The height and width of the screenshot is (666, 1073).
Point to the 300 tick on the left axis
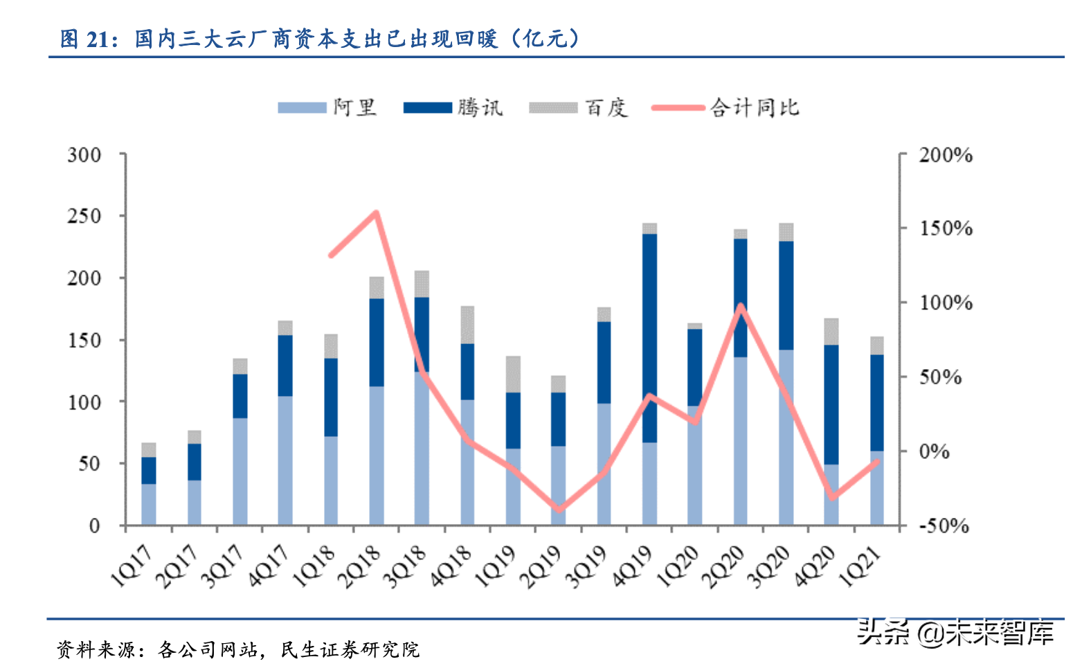[x=84, y=154]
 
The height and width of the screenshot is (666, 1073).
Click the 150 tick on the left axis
[x=84, y=340]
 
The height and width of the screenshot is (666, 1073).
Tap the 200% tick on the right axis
[x=946, y=155]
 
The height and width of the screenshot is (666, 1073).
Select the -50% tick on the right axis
[x=943, y=525]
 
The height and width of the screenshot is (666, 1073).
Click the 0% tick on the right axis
[x=934, y=451]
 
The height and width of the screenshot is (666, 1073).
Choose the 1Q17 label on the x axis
[x=132, y=566]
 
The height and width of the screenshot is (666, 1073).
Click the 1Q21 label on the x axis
[x=860, y=566]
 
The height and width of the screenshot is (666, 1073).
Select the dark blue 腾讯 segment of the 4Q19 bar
[x=649, y=338]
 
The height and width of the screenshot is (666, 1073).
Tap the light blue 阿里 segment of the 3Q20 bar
[x=786, y=436]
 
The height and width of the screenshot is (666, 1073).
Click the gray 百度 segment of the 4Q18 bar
[x=467, y=324]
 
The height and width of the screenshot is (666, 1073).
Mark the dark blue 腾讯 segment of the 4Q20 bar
[x=831, y=404]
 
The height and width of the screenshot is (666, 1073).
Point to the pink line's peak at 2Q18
[x=376, y=213]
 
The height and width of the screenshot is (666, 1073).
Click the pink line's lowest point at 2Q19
[x=558, y=510]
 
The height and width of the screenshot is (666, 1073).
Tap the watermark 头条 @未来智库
[x=955, y=632]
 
